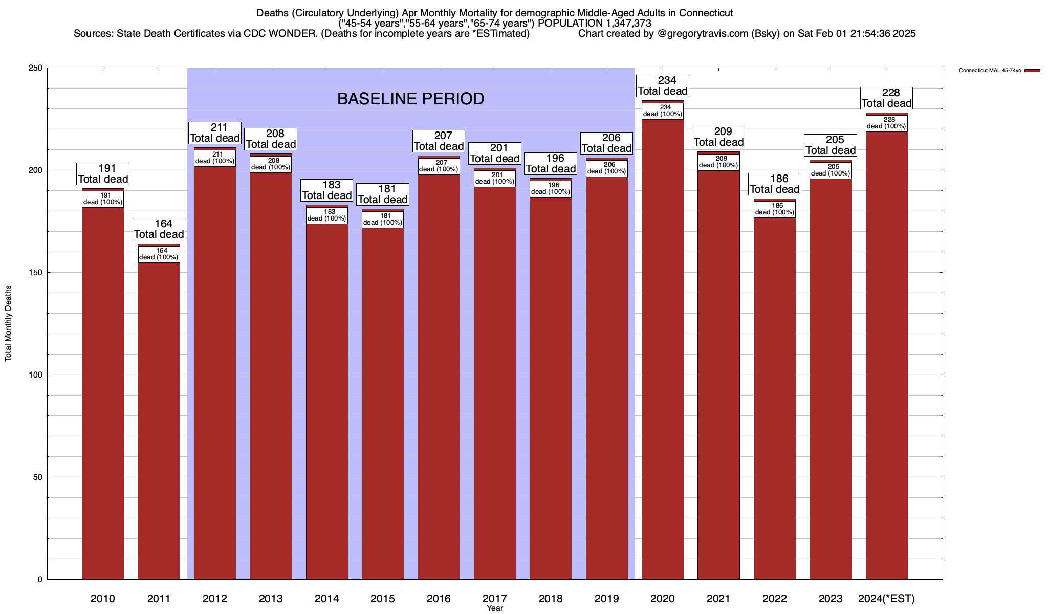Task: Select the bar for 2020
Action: (x=663, y=348)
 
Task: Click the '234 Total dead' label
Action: (x=663, y=86)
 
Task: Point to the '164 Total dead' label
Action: (x=159, y=229)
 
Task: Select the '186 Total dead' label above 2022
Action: (x=775, y=184)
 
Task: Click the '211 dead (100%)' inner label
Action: (x=215, y=158)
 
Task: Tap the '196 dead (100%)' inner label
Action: (x=551, y=189)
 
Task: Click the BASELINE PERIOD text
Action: (x=410, y=99)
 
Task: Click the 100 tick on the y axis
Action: (x=36, y=375)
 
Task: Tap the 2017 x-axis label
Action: (x=495, y=599)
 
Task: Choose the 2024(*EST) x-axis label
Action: (x=886, y=599)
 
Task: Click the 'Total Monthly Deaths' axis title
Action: (x=8, y=323)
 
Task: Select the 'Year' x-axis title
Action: (x=495, y=608)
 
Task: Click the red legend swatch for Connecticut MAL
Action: (x=1032, y=71)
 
